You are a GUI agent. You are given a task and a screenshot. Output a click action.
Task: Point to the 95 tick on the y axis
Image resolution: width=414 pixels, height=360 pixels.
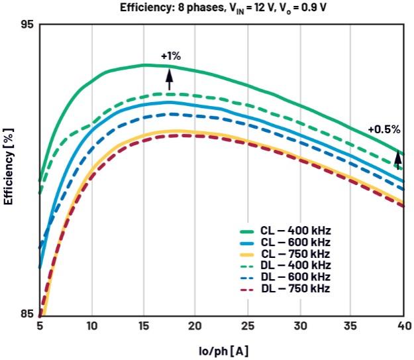click(x=26, y=25)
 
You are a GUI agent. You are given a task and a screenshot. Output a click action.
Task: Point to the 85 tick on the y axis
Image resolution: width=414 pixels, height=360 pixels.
click(x=26, y=314)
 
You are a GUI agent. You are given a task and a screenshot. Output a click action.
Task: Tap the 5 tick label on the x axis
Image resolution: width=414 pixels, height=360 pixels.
click(x=40, y=326)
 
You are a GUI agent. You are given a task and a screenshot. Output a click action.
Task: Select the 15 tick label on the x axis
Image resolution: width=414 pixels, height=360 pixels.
click(x=143, y=326)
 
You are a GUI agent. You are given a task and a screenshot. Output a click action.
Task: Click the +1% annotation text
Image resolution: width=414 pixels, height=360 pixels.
click(x=170, y=57)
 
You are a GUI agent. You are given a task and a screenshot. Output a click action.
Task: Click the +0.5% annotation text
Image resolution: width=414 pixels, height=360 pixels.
click(x=384, y=129)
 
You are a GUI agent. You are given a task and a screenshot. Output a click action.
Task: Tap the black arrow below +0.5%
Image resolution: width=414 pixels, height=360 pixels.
click(x=398, y=160)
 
